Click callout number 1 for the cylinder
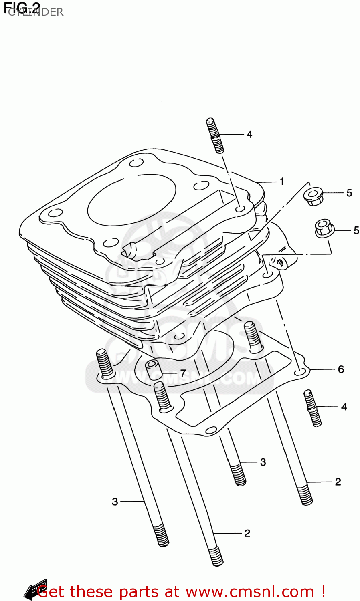coord(282,182)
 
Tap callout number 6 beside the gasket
coord(341,369)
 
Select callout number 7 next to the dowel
coord(183,373)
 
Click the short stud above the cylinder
coord(215,135)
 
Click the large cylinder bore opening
coord(132,199)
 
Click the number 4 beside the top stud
coord(249,134)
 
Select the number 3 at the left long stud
coord(115,502)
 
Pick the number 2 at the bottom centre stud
coord(247,533)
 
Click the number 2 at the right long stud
coord(338,482)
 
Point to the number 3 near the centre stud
coord(263,462)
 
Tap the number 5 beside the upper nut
coord(349,193)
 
